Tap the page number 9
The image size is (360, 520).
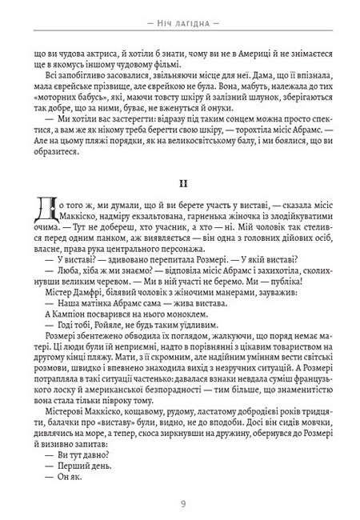[180, 503]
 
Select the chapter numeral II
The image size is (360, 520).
[180, 183]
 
